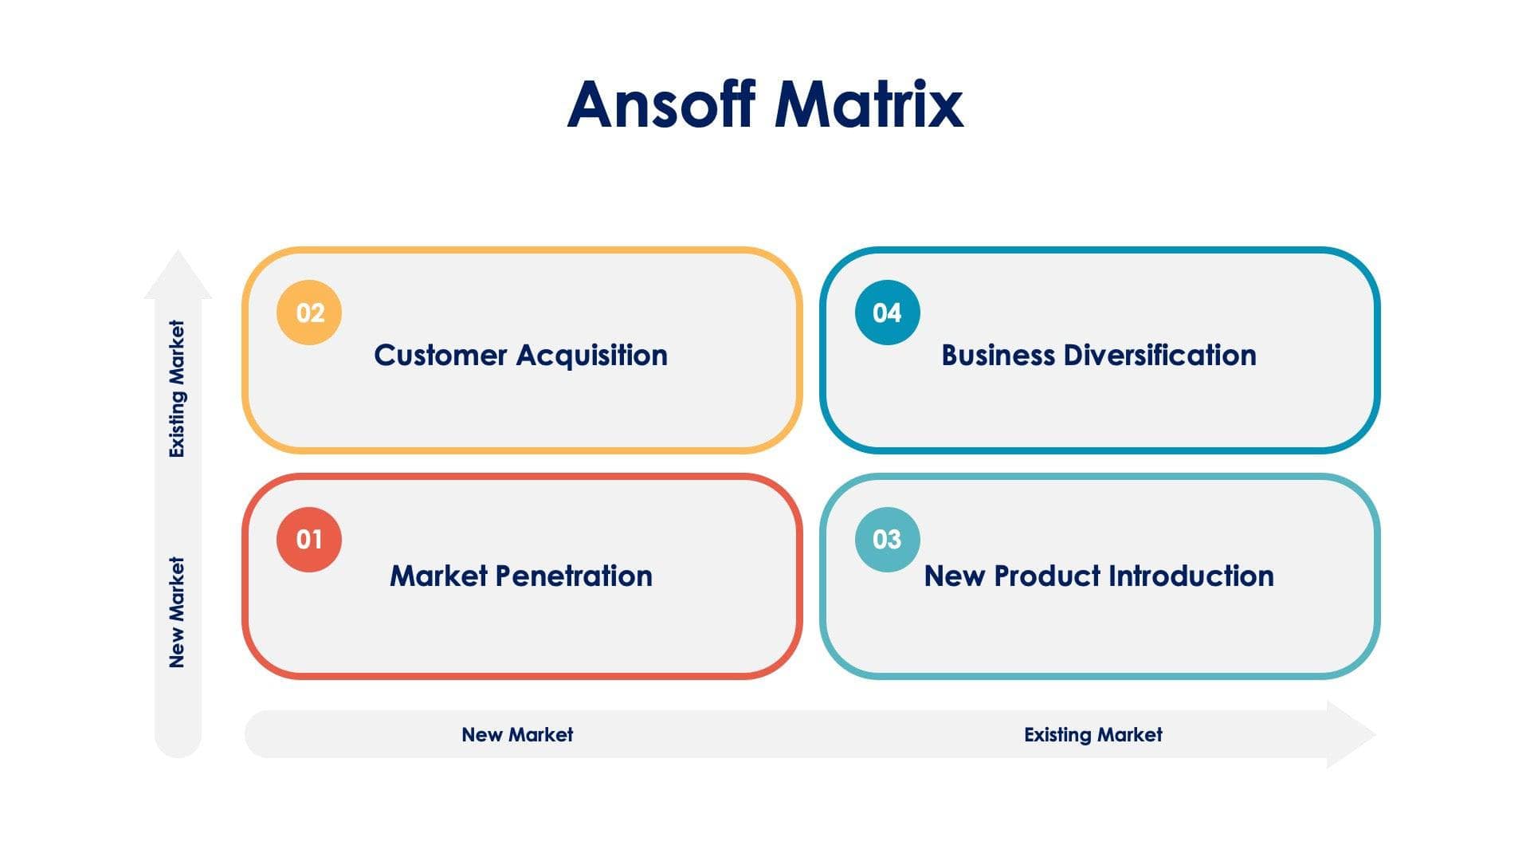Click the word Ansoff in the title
661,104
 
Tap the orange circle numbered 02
309,313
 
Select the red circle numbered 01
309,540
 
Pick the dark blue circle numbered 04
887,313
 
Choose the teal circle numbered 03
887,540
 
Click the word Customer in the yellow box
440,356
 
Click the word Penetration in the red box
574,576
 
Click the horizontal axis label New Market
517,734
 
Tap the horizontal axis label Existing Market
1093,734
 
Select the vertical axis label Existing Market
177,389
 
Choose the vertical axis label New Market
177,612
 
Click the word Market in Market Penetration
438,576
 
